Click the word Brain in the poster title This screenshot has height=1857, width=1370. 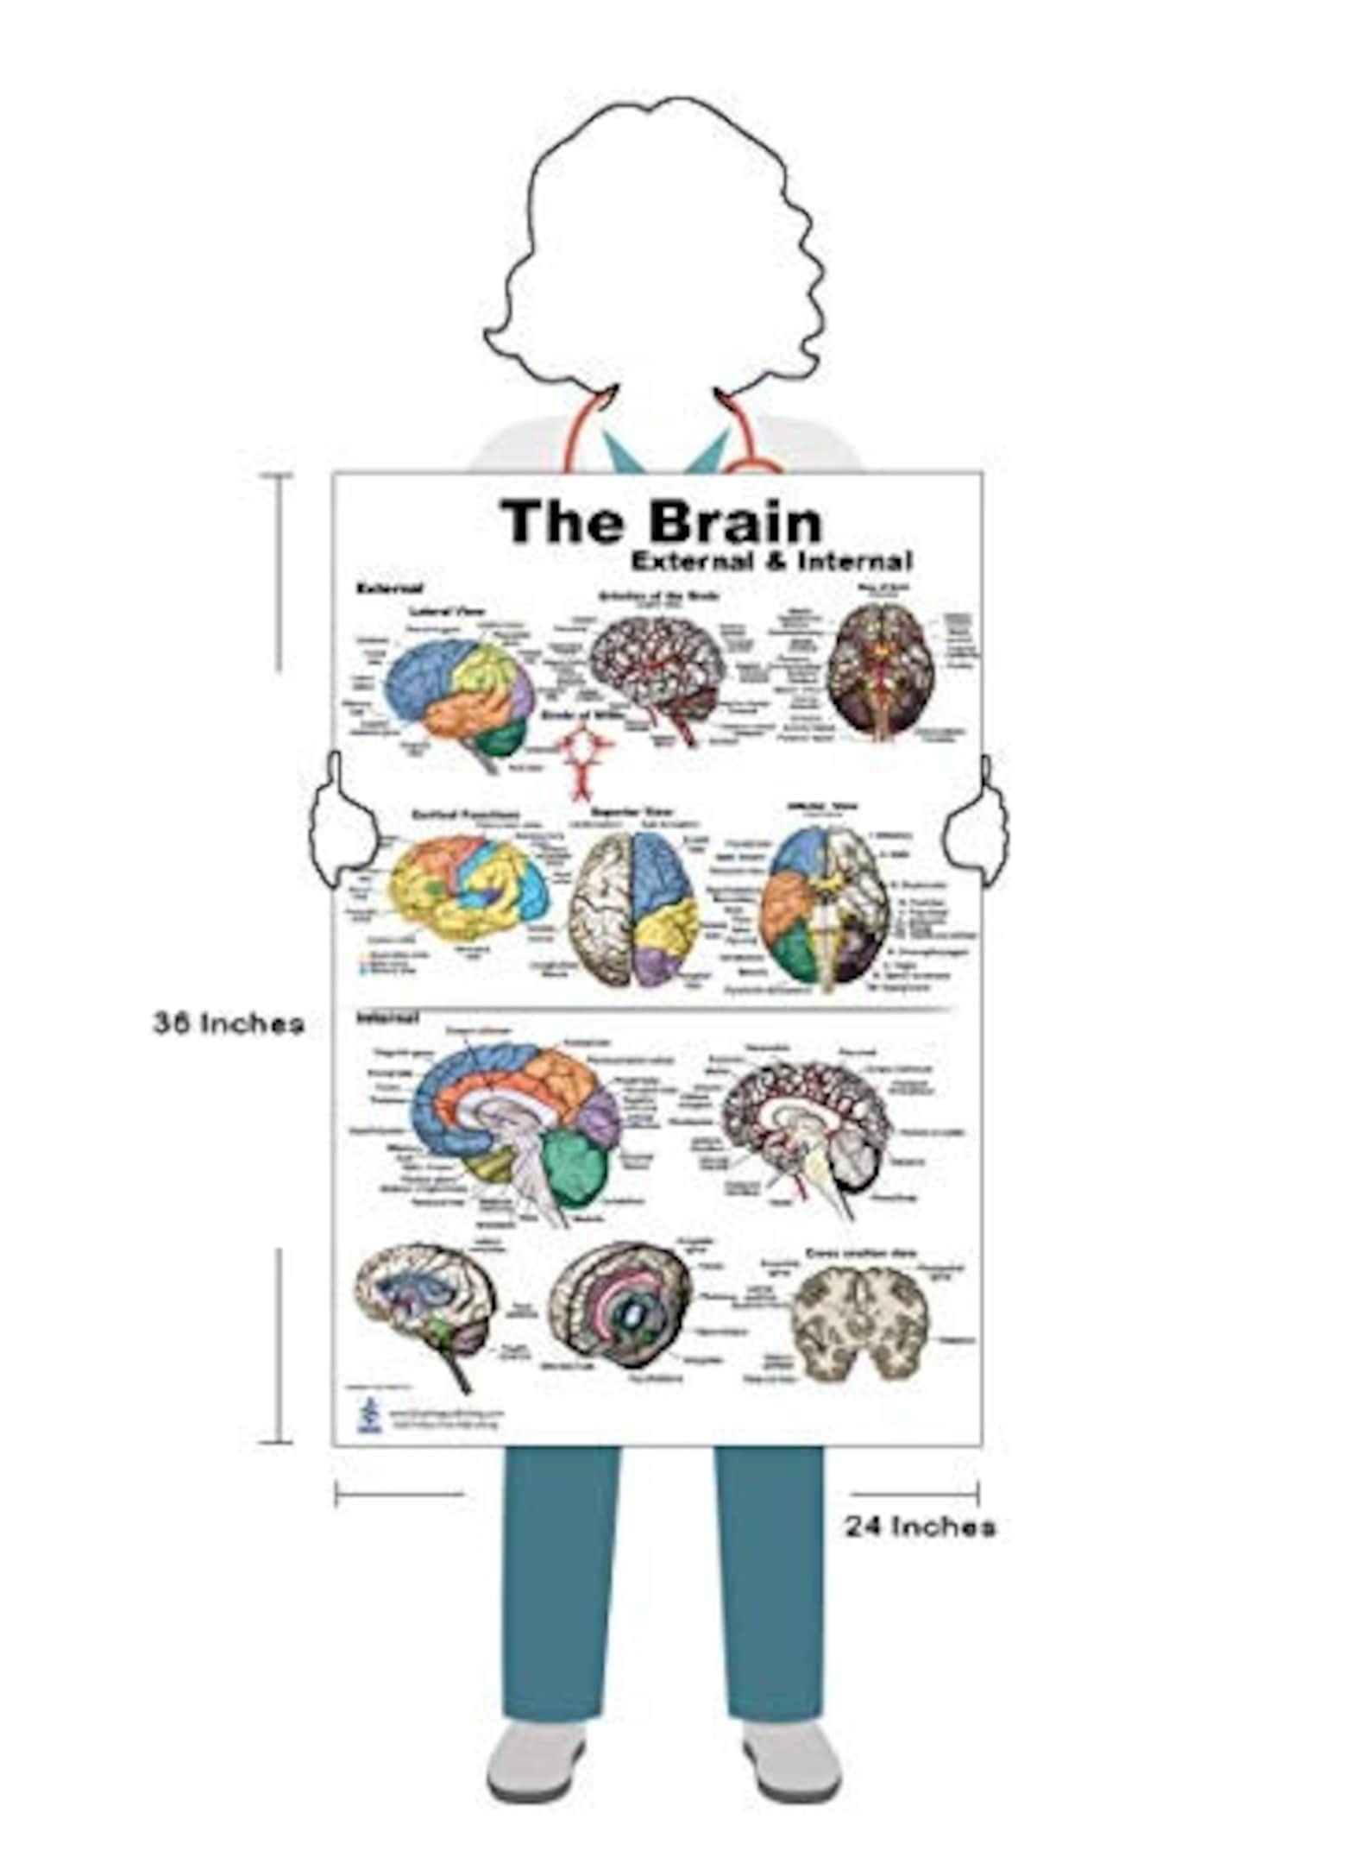(735, 522)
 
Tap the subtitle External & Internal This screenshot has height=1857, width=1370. (770, 561)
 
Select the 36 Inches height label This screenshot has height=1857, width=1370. (229, 1023)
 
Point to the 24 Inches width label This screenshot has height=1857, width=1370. (920, 1527)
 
